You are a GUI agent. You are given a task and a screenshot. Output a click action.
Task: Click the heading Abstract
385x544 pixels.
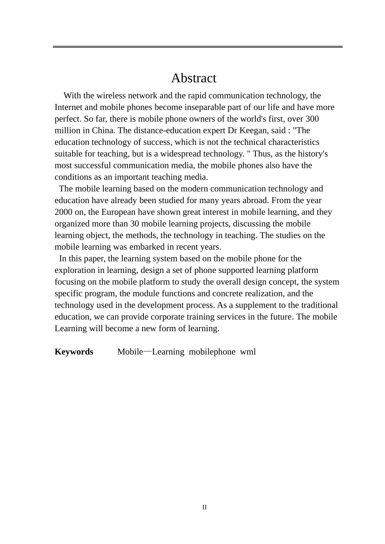point(193,78)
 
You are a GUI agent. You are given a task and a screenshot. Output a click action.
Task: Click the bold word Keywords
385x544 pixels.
point(74,352)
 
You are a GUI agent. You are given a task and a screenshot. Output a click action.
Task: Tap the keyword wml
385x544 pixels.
point(248,352)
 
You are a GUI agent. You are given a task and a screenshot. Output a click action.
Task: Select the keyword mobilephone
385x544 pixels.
point(212,352)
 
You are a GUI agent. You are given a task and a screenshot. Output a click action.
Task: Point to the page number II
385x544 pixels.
point(204,508)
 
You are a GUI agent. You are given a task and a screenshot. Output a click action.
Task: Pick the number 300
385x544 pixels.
point(312,119)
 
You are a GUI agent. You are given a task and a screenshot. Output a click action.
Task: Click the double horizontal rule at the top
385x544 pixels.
point(197,47)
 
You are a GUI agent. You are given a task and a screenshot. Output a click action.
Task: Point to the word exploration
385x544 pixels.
point(75,270)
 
